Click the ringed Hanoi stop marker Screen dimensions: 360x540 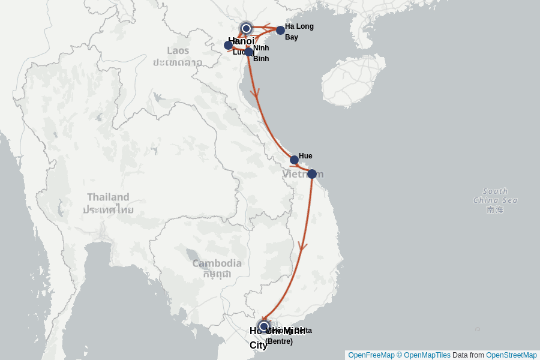coord(246,28)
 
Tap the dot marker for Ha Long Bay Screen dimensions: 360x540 coord(280,30)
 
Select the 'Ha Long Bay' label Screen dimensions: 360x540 coord(299,31)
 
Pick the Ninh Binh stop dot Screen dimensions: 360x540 coord(248,52)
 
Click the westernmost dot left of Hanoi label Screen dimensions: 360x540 coord(228,45)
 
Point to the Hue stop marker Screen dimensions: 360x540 coord(294,160)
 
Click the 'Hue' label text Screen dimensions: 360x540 coord(305,156)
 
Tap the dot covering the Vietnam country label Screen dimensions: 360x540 coord(312,174)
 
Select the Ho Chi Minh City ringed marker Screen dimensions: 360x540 coord(263,326)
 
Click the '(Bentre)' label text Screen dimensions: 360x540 coord(279,341)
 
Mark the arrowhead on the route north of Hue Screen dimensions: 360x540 coord(255,93)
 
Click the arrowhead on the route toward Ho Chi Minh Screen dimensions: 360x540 coord(302,245)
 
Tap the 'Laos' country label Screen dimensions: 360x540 coord(178,50)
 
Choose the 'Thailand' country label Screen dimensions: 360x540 coord(108,197)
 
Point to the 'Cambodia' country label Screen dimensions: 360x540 coord(217,263)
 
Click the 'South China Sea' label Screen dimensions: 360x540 coord(495,196)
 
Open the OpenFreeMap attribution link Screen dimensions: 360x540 coord(371,355)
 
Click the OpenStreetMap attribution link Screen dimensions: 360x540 coord(511,355)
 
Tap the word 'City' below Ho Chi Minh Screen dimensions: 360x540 coord(259,345)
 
